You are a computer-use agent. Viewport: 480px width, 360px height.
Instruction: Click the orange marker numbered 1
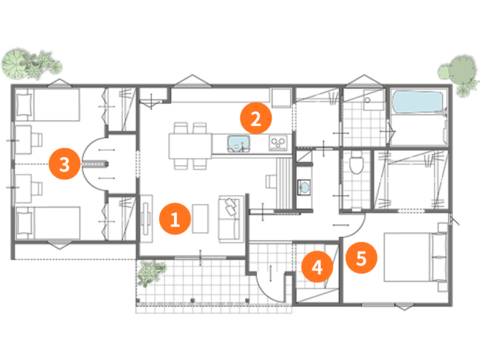click(x=175, y=219)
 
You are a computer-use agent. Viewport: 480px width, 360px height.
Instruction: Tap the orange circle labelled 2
click(x=256, y=118)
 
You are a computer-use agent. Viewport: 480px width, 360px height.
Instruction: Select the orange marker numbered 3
click(x=64, y=164)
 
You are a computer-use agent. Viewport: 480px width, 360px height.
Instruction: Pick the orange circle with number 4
click(x=317, y=267)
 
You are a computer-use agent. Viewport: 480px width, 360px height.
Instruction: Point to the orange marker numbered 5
click(x=361, y=258)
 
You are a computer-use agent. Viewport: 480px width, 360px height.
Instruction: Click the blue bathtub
click(x=418, y=102)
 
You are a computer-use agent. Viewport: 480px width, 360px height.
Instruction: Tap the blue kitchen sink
click(x=239, y=143)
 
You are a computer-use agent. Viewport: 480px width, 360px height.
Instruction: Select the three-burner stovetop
click(x=278, y=143)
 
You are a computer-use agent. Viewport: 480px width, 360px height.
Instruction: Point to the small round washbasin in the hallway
click(x=304, y=187)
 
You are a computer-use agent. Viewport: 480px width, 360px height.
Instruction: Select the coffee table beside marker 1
click(x=200, y=219)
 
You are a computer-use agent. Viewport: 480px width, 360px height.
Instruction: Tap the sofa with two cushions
click(x=231, y=219)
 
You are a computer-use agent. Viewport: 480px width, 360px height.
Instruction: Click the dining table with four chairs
click(x=190, y=146)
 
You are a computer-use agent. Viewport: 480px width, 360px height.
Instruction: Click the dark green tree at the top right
click(x=461, y=71)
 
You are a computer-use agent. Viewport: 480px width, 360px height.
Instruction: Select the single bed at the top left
click(x=48, y=105)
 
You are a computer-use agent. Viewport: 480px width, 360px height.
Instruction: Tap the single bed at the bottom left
click(x=48, y=223)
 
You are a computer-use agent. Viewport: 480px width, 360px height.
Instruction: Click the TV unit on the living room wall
click(x=146, y=219)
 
